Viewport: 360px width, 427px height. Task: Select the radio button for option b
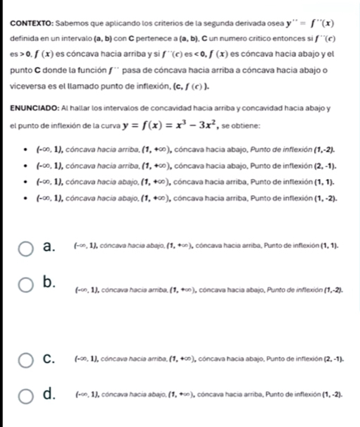(x=26, y=285)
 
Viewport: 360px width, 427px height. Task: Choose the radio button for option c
(x=26, y=361)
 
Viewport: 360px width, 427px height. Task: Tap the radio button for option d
(x=26, y=400)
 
